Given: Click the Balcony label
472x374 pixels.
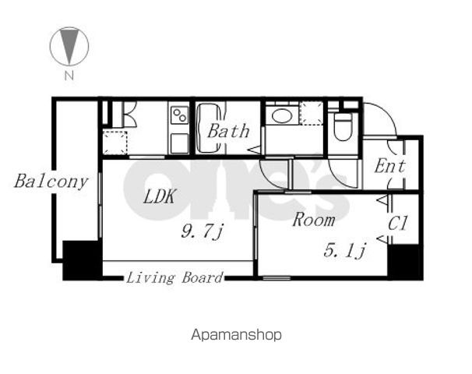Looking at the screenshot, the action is point(51,182).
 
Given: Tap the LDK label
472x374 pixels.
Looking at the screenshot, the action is point(159,196).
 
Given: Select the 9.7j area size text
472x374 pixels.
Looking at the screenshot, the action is point(202,231).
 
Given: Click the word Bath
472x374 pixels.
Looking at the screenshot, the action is point(228,131).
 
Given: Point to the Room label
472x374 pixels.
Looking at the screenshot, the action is point(314,219).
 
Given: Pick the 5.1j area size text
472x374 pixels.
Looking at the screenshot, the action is point(345,250).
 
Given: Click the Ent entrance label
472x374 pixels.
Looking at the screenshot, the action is point(389,166).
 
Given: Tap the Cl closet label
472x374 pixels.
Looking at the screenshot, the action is point(398,223).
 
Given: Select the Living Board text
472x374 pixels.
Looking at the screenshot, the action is point(174,277).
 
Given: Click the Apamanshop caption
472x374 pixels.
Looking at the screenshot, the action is point(236,335).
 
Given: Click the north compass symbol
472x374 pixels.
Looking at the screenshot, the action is point(69,46).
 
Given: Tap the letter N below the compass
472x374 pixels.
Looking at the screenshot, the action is point(69,76).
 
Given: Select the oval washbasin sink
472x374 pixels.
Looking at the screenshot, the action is point(281,115).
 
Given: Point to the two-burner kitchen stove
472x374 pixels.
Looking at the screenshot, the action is point(180,115).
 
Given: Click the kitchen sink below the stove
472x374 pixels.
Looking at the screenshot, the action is point(180,143).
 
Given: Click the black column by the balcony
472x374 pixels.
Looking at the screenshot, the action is point(82,260).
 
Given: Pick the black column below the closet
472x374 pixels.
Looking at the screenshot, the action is point(405,262).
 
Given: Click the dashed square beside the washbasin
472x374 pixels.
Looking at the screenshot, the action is point(312,113).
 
